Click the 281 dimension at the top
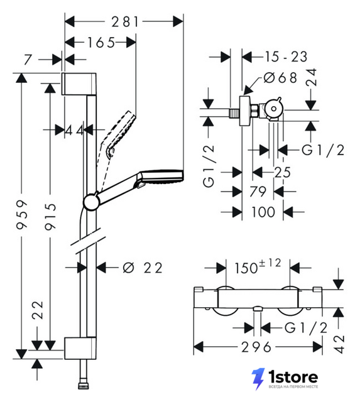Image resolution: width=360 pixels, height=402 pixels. click(125, 22)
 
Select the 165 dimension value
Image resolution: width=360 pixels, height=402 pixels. click(101, 42)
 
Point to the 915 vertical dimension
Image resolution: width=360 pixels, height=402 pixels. click(50, 216)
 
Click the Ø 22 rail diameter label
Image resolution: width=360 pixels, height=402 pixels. click(143, 268)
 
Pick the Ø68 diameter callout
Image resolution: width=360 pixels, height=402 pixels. click(280, 77)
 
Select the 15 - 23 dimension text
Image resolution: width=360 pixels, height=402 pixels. click(286, 57)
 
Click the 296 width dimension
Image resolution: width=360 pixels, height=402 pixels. click(256, 347)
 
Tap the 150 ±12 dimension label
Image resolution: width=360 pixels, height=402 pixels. click(258, 266)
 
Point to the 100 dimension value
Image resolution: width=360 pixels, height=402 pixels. click(263, 212)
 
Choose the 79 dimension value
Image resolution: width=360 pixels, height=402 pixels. click(258, 191)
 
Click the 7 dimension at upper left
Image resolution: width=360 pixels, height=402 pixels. click(28, 60)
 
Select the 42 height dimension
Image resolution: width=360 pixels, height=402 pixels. click(339, 344)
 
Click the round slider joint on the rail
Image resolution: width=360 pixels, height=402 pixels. click(90, 202)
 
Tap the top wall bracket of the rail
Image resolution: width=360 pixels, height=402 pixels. click(79, 84)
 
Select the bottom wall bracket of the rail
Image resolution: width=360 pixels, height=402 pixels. click(80, 348)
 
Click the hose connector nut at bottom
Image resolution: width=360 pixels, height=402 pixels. click(84, 386)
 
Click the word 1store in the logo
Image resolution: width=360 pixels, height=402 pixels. click(293, 377)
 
